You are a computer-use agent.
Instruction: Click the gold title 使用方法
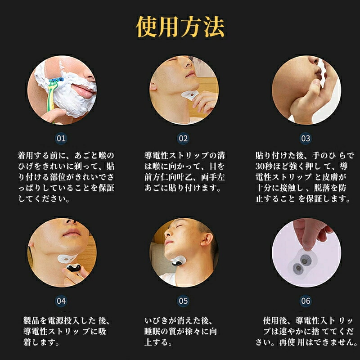click(x=180, y=27)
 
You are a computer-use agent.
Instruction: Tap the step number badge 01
click(x=61, y=139)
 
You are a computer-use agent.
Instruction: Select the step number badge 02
click(x=183, y=139)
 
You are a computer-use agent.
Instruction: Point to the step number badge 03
click(x=306, y=139)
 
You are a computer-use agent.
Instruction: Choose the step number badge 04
click(x=61, y=301)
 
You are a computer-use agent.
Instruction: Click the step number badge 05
click(x=183, y=301)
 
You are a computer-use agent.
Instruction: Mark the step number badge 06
click(x=306, y=301)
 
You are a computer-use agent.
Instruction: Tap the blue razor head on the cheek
click(x=56, y=81)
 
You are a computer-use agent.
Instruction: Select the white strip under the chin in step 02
click(x=189, y=94)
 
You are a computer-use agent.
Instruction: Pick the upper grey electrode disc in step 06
click(x=305, y=261)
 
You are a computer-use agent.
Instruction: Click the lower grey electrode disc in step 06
click(x=298, y=268)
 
